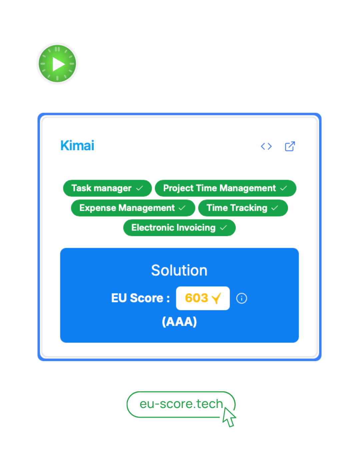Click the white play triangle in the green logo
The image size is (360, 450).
[x=58, y=64]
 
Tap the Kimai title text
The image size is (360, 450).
[x=77, y=145]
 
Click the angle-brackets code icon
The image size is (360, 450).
[x=266, y=146]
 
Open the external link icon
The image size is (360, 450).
[x=290, y=146]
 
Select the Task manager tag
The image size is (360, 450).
[x=107, y=188]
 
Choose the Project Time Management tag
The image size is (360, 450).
[x=225, y=188]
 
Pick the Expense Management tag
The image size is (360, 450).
[x=133, y=208]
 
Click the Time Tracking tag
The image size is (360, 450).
[x=243, y=208]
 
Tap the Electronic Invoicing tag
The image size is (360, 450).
[x=179, y=228]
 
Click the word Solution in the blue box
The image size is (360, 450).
[x=179, y=270]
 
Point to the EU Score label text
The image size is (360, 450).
[x=140, y=298]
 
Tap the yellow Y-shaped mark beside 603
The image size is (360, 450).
[x=216, y=298]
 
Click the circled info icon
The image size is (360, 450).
[x=241, y=298]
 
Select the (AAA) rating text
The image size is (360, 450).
[x=179, y=322]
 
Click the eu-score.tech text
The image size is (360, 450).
[x=181, y=404]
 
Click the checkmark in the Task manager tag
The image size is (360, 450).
[x=140, y=188]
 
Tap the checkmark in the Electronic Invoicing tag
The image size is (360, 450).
[x=223, y=228]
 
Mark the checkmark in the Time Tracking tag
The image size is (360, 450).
[x=275, y=208]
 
